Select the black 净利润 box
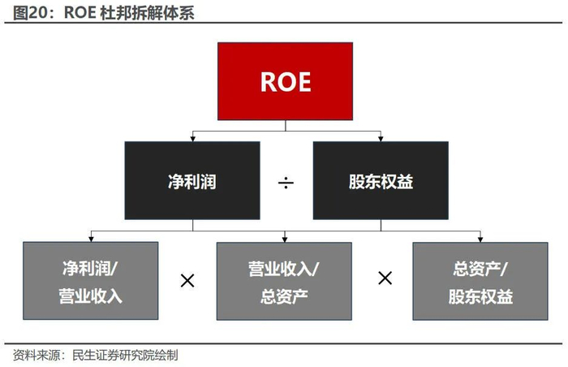192,180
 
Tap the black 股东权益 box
381,180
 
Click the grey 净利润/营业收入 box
91,281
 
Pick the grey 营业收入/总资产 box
284,281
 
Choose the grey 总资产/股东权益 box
480,281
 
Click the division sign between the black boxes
286,182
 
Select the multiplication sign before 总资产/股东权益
385,278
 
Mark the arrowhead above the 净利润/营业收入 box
91,239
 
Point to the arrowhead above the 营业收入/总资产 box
284,239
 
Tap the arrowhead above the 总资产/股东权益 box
480,239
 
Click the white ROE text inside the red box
286,81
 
